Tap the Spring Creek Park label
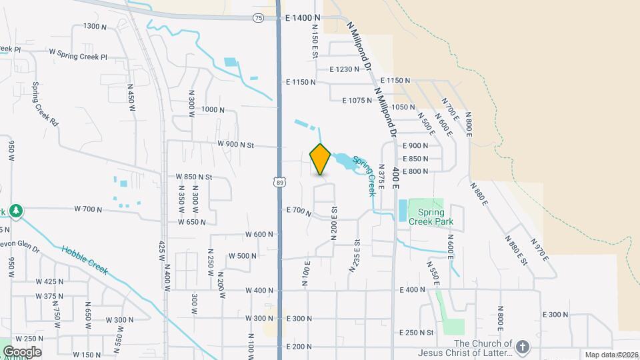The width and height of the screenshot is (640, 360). click(426, 217)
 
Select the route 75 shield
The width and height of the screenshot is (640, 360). click(259, 19)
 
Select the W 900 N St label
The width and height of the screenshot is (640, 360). click(236, 145)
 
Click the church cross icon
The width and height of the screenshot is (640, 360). click(523, 347)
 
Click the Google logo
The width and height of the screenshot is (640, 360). click(21, 351)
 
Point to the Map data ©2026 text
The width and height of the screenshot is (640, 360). click(611, 355)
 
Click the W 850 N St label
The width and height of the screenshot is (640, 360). click(193, 177)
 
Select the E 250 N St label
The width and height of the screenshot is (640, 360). click(417, 332)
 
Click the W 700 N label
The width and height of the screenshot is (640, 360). click(88, 209)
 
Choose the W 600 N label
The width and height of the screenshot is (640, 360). click(259, 234)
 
